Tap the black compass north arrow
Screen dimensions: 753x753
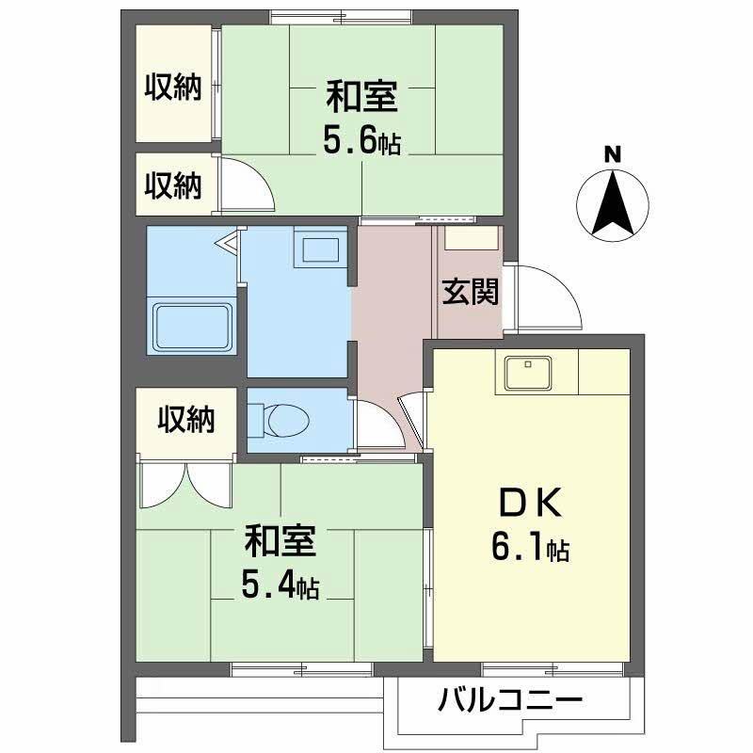pos(612,202)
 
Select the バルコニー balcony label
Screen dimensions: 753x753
pos(510,701)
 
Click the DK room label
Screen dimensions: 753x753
pos(529,505)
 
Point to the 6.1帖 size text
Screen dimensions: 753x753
pos(529,547)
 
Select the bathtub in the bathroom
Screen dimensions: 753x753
pos(192,326)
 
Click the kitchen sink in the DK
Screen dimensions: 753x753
pos(531,373)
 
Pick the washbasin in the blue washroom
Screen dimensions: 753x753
pos(318,249)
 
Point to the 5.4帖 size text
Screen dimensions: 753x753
pos(280,588)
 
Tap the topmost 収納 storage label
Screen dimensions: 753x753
pos(173,88)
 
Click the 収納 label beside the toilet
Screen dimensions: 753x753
pos(184,419)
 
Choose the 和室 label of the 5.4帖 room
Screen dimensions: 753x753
pos(280,543)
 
